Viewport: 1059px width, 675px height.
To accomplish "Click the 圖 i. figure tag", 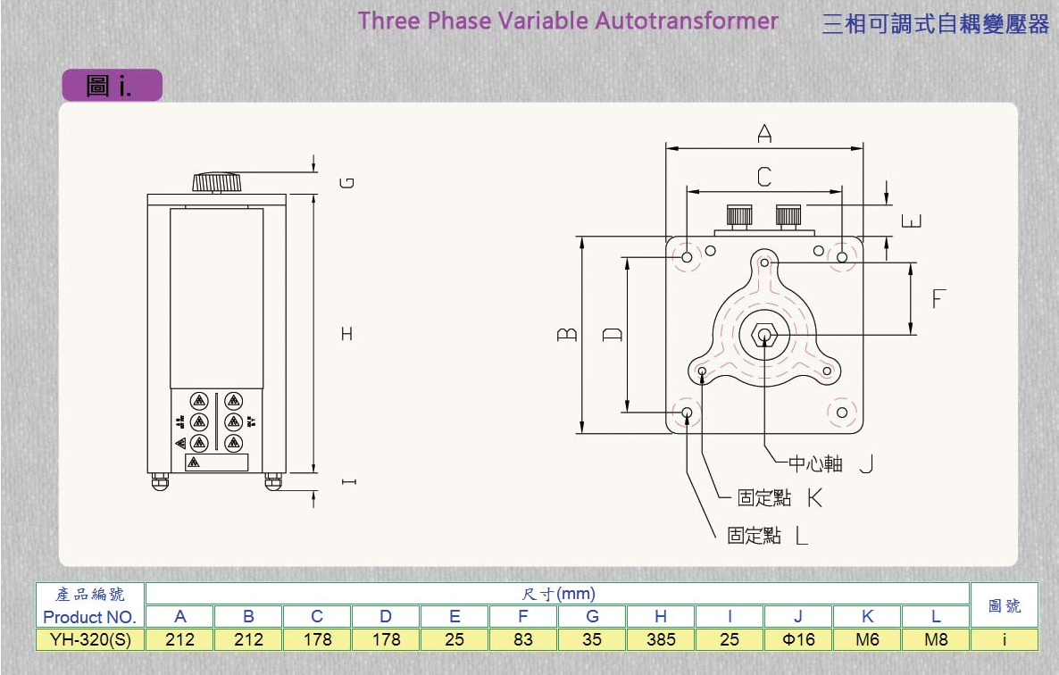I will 112,85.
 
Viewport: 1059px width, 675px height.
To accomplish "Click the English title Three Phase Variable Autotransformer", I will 568,21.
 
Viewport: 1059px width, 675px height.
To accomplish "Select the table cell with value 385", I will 661,639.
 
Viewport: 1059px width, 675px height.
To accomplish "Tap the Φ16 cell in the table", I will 798,639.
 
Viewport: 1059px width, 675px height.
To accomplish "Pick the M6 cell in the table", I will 867,639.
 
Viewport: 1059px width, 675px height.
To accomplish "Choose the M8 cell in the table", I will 936,639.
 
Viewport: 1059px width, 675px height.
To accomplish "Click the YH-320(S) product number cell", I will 90,639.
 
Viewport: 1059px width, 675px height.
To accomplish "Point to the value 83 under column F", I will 523,639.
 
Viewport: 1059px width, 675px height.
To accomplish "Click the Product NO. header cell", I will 90,617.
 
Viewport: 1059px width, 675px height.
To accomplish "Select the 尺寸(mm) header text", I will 558,594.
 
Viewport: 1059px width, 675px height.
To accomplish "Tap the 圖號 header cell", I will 1005,605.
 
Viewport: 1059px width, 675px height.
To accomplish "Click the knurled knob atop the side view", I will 218,183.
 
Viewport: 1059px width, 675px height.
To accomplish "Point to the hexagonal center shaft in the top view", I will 764,335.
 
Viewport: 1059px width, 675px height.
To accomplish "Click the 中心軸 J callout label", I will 829,463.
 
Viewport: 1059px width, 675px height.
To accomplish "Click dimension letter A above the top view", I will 764,134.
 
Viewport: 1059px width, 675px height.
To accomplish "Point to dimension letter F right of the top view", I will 938,298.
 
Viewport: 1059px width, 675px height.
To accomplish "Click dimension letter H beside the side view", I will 346,334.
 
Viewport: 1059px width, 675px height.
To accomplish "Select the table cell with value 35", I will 592,639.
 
